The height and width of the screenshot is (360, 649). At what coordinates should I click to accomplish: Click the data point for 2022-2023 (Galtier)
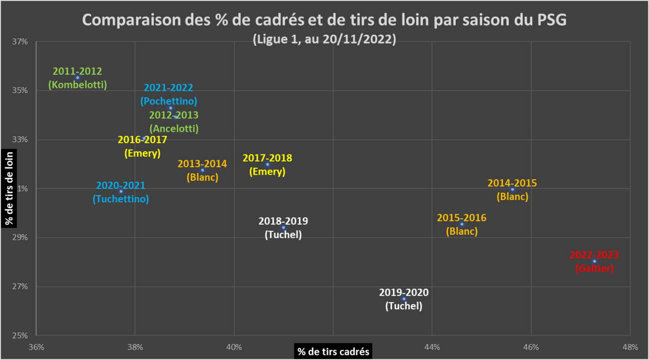pyautogui.click(x=594, y=262)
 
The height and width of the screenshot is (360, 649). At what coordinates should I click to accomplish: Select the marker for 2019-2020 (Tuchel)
pyautogui.click(x=403, y=299)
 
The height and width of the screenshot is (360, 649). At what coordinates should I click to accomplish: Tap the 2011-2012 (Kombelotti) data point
pyautogui.click(x=77, y=78)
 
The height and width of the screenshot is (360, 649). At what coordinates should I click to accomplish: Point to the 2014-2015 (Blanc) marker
pyautogui.click(x=512, y=190)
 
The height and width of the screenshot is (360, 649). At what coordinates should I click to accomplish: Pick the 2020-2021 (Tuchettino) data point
pyautogui.click(x=121, y=192)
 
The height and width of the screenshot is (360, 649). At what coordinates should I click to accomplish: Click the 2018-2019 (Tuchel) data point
pyautogui.click(x=284, y=228)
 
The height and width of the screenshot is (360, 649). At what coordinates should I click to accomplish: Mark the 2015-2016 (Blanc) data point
pyautogui.click(x=462, y=224)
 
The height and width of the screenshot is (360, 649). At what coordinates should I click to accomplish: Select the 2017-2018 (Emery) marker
pyautogui.click(x=268, y=165)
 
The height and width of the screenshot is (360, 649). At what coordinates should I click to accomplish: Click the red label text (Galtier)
pyautogui.click(x=594, y=269)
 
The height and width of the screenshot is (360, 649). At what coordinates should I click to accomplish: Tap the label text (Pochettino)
pyautogui.click(x=169, y=101)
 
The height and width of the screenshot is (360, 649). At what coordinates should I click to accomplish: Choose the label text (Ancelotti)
pyautogui.click(x=174, y=129)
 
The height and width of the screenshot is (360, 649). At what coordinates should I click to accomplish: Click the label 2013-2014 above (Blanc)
pyautogui.click(x=202, y=164)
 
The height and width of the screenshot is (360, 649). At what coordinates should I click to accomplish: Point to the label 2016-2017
pyautogui.click(x=142, y=140)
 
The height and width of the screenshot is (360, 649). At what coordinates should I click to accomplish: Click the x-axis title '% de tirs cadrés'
pyautogui.click(x=333, y=352)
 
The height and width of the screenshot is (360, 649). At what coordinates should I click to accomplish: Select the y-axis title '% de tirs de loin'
pyautogui.click(x=9, y=188)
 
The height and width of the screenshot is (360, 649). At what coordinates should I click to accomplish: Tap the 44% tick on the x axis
pyautogui.click(x=432, y=347)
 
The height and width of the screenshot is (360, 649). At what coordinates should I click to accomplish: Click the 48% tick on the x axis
pyautogui.click(x=631, y=347)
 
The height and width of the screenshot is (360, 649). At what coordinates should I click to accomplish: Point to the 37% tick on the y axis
pyautogui.click(x=20, y=42)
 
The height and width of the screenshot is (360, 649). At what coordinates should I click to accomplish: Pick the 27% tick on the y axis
pyautogui.click(x=20, y=287)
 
